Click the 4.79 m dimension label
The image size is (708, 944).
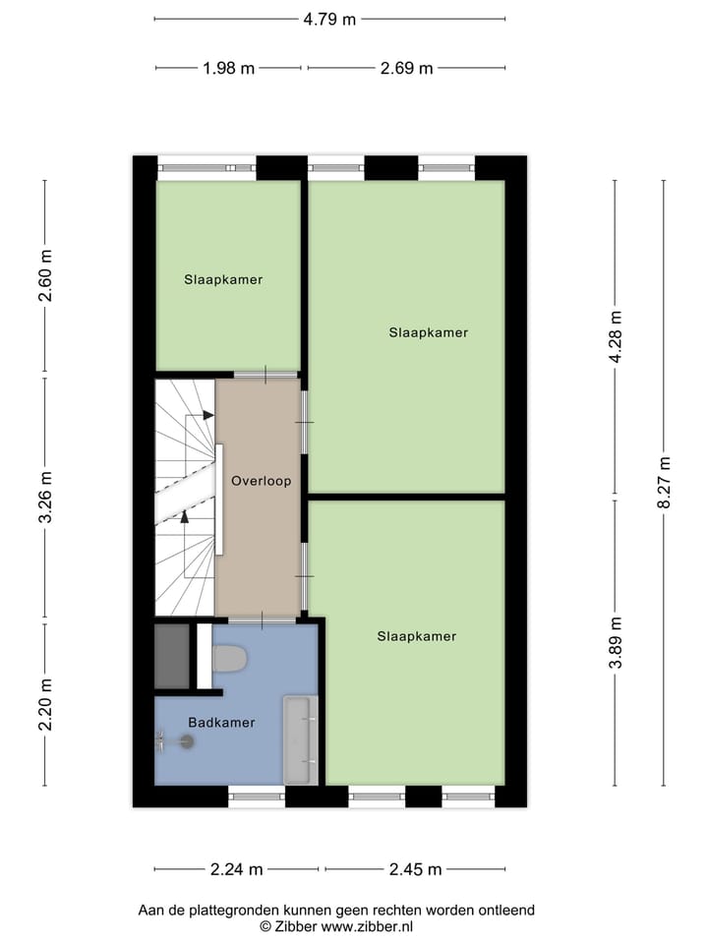pos(329,19)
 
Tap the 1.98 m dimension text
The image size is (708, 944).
pos(228,68)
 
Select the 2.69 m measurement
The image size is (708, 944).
pos(406,68)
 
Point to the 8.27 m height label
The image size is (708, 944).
pos(666,482)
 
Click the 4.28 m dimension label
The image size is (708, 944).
pos(616,337)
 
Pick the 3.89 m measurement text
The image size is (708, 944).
pos(616,642)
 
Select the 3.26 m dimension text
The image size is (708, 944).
pos(45,500)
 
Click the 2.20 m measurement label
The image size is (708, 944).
pos(45,705)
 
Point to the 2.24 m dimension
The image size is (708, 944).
pos(238,869)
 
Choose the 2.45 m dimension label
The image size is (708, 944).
pos(415,869)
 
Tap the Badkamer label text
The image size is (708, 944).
pos(221,723)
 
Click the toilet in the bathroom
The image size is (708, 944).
pos(230,659)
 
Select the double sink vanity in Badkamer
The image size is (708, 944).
pos(300,739)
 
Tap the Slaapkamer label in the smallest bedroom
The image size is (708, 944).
pos(223,279)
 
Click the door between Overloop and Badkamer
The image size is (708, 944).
pos(262,620)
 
